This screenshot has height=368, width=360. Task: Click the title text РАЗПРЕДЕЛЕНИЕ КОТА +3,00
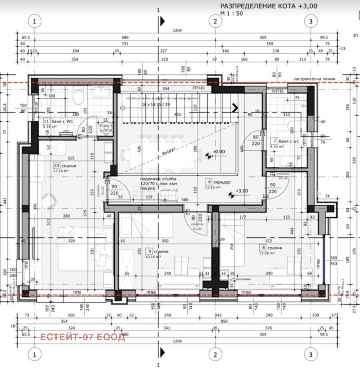269,6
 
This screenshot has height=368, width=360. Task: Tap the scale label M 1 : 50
231,14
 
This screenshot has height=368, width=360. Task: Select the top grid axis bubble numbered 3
310,21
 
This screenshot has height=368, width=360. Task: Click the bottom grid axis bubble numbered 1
34,355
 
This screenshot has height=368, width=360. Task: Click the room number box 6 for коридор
209,182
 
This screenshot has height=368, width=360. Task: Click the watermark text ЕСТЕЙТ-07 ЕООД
83,337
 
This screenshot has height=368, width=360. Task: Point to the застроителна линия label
314,79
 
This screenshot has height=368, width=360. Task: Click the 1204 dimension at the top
178,30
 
